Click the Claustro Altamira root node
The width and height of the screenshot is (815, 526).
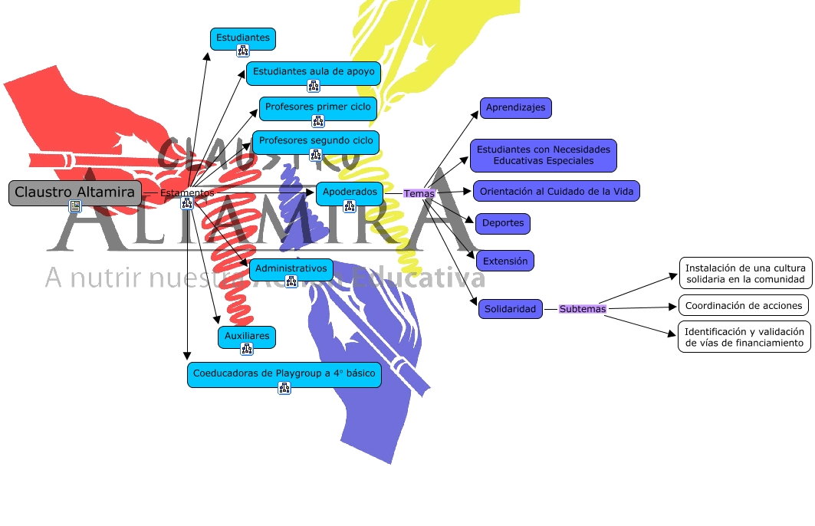coord(74,192)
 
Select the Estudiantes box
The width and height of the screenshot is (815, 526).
coord(242,38)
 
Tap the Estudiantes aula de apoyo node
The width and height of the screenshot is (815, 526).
coord(314,72)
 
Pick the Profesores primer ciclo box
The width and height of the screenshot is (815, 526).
coord(317,107)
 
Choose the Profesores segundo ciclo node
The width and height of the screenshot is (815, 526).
coord(315,141)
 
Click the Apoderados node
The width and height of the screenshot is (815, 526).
coord(349,192)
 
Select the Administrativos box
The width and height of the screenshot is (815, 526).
coord(291,269)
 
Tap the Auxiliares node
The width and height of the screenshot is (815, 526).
coord(246,336)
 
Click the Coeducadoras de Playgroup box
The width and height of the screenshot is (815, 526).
coord(284,373)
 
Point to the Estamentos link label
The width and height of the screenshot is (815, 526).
coord(187,193)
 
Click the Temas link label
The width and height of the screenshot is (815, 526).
coord(419,194)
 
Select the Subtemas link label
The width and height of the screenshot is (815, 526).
coord(582,309)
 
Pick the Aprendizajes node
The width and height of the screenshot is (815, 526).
coord(515,108)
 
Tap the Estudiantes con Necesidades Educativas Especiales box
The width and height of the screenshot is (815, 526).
coord(543,156)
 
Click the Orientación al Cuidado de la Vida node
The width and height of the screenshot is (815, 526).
coord(556,191)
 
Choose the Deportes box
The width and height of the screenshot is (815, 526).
coord(502,224)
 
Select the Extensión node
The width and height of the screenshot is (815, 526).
coord(504,261)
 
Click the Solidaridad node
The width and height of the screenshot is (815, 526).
coord(511,309)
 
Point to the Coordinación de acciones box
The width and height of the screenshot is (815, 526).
coord(743,305)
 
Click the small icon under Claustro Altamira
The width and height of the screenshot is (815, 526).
coord(75,205)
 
